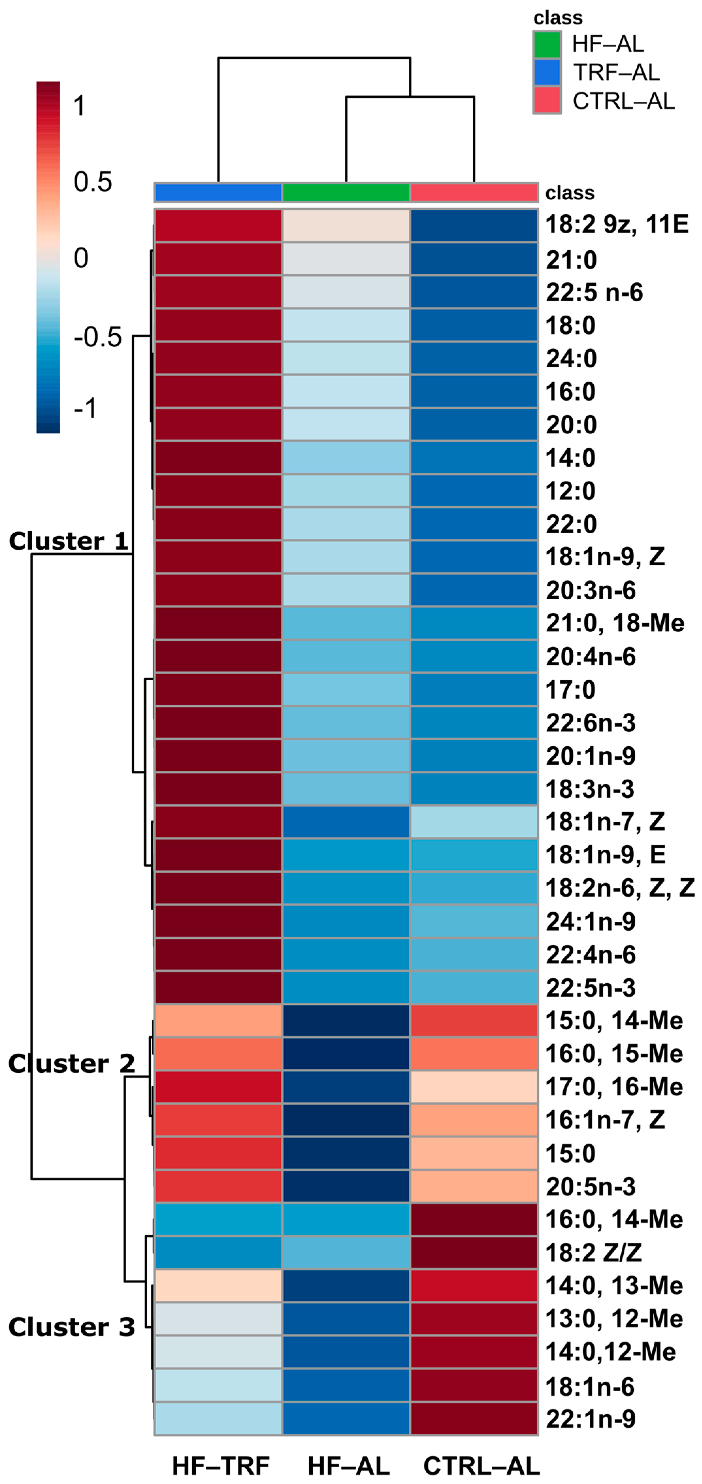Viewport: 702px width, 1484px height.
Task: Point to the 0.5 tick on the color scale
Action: (92, 182)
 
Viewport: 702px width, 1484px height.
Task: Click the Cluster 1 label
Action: (68, 541)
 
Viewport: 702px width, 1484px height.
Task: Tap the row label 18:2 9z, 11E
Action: (616, 224)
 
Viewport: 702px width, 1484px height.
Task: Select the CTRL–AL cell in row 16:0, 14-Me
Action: (474, 1219)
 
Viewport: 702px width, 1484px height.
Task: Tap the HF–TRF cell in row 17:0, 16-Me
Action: (218, 1086)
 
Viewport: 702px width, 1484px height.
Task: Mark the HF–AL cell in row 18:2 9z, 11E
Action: (346, 225)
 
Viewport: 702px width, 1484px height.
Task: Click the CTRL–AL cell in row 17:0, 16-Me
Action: (474, 1086)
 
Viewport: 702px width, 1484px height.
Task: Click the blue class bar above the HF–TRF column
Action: (218, 193)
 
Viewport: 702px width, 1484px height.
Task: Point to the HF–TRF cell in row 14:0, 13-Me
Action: (218, 1285)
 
